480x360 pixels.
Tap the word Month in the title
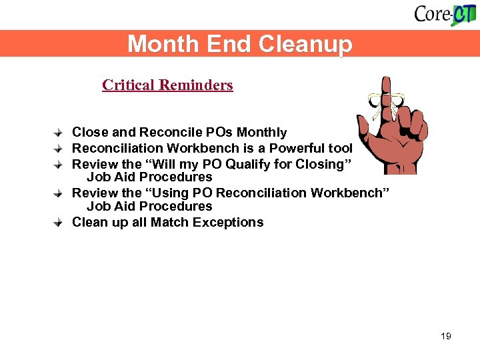point(155,44)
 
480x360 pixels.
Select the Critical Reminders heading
point(167,85)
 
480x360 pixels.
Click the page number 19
point(446,336)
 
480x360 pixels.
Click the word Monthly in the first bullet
point(263,133)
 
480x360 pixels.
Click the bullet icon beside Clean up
point(59,223)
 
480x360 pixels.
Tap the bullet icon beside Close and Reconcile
point(59,133)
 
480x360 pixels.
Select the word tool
point(340,148)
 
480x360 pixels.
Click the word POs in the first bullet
point(216,133)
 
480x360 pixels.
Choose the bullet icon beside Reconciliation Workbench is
point(59,148)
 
